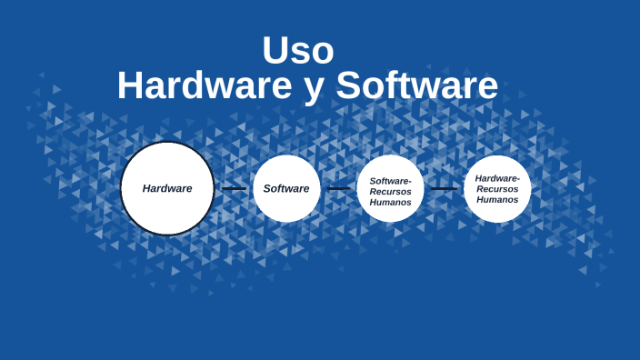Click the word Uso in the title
point(298,51)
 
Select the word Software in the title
point(416,86)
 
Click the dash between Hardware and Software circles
point(234,189)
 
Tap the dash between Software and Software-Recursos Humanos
point(338,189)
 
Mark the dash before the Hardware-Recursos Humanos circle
point(444,189)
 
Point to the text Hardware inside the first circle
point(167,188)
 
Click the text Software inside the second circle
point(286,188)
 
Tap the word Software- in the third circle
point(390,181)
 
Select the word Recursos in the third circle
point(390,192)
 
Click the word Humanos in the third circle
point(390,202)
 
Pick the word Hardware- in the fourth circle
point(497,178)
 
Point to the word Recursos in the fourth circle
point(497,189)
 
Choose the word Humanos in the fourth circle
point(497,199)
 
